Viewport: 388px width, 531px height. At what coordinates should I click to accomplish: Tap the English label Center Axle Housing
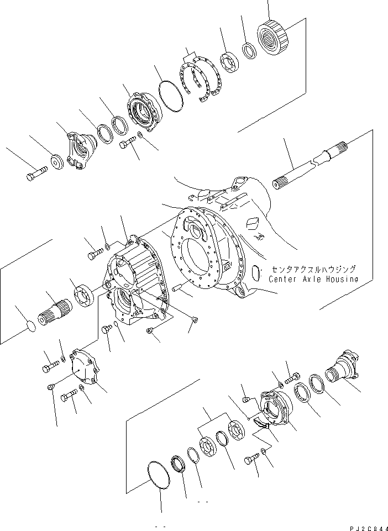click(x=313, y=279)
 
